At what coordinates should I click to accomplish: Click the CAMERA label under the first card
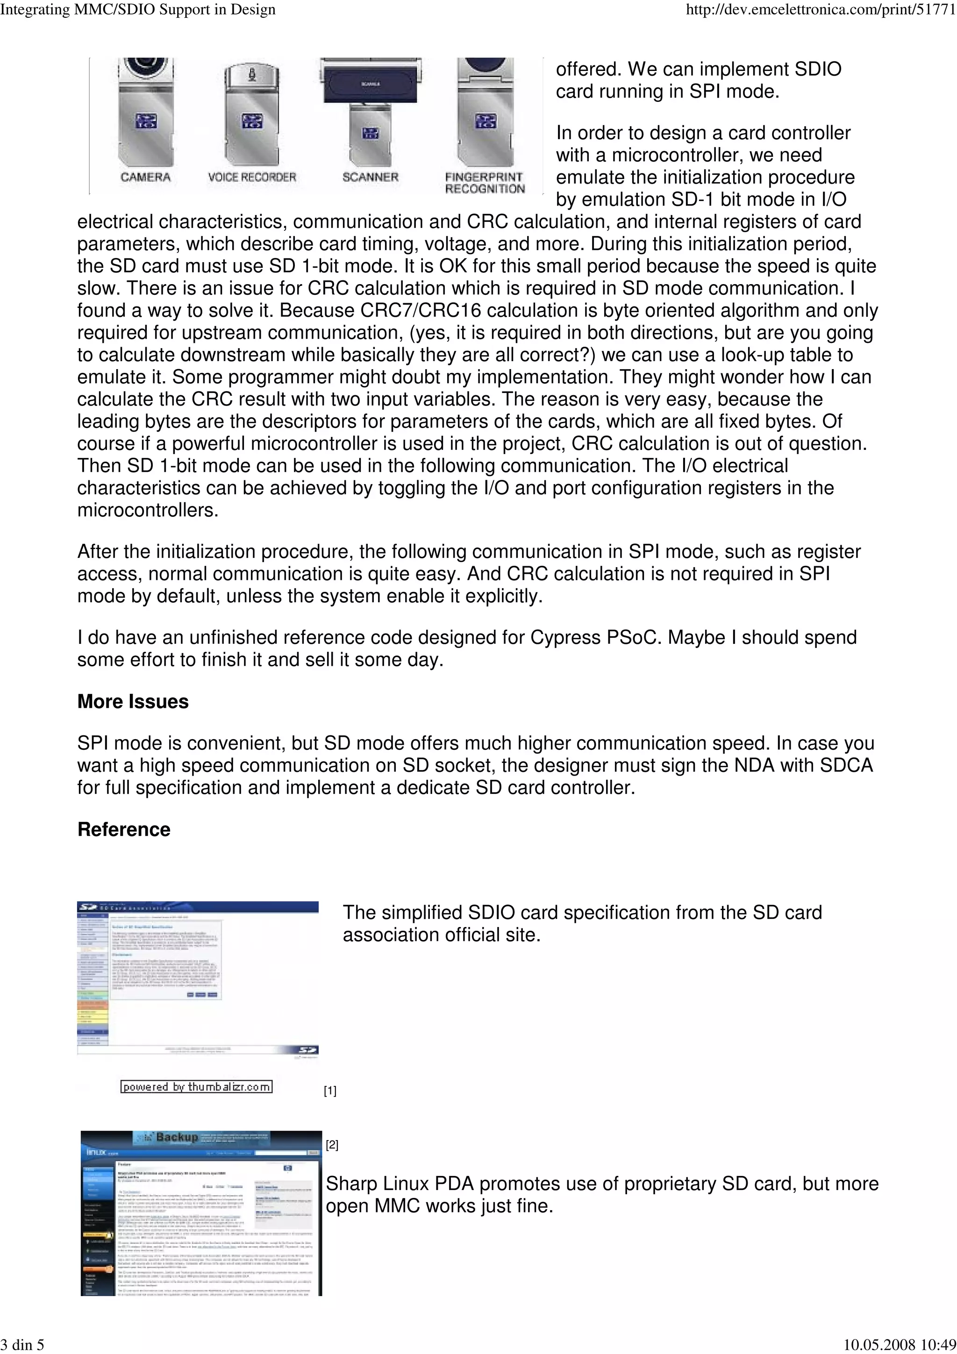(x=145, y=177)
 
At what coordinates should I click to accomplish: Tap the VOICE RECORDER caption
(x=252, y=177)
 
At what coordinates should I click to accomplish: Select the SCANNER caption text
(x=370, y=177)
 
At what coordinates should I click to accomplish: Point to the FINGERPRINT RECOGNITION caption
(x=485, y=183)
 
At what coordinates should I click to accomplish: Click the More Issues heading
(x=133, y=701)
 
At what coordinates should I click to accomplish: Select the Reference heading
(x=124, y=829)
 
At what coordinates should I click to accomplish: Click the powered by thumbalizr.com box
(x=196, y=1086)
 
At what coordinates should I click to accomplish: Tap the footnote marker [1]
(x=330, y=1091)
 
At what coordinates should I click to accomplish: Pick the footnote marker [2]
(x=332, y=1145)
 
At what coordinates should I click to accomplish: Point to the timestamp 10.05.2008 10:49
(x=900, y=1344)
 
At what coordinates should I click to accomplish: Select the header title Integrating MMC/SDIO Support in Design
(x=138, y=10)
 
